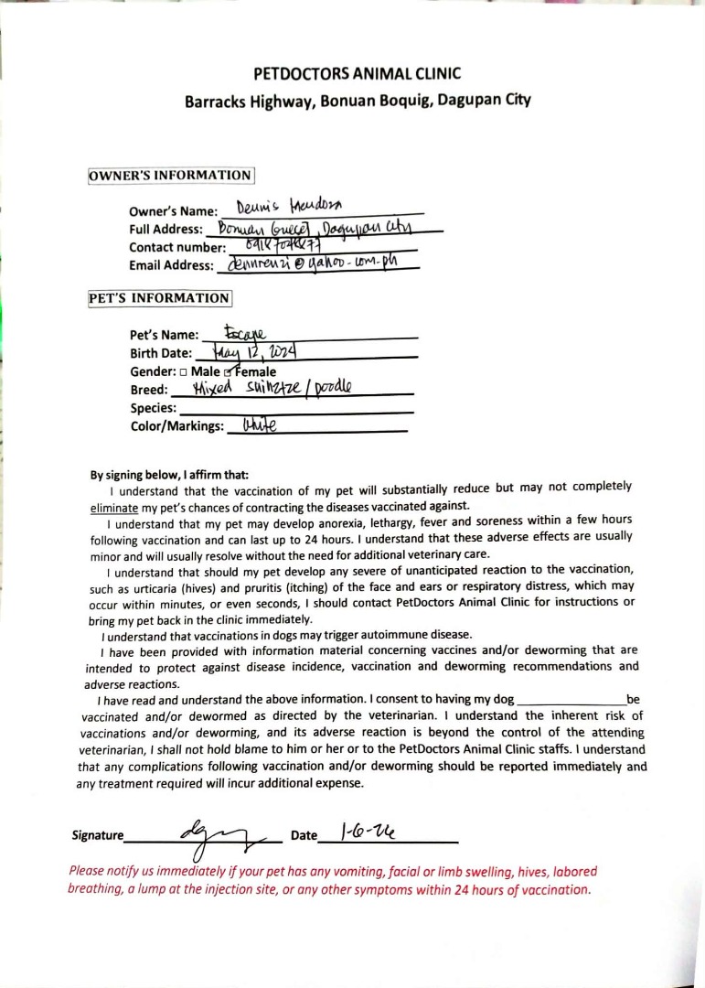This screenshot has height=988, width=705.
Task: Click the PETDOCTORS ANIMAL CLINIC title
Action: (358, 73)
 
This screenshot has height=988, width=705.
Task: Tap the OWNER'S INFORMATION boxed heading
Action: (170, 175)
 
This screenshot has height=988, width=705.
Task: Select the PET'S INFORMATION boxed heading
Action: (159, 298)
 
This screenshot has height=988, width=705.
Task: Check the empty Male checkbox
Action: (184, 372)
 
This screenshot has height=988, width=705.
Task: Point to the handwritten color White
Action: (259, 424)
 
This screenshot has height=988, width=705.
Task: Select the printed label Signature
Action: (97, 835)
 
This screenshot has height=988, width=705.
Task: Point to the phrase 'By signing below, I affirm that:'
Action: (169, 475)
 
